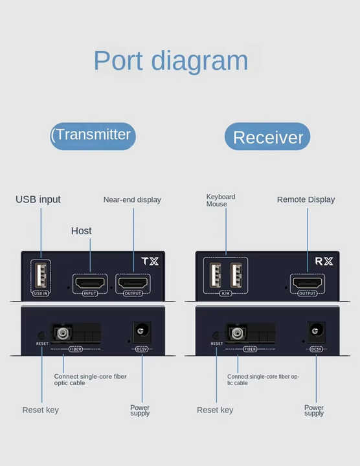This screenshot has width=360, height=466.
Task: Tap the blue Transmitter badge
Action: pyautogui.click(x=93, y=136)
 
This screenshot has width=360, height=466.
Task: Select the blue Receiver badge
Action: pyautogui.click(x=267, y=137)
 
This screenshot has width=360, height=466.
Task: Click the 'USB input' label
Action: pyautogui.click(x=38, y=199)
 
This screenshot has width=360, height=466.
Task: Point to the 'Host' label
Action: pyautogui.click(x=81, y=230)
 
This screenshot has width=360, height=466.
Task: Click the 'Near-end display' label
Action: pyautogui.click(x=132, y=200)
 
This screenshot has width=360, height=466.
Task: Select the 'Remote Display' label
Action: pyautogui.click(x=306, y=199)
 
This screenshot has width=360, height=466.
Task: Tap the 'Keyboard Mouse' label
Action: pyautogui.click(x=221, y=200)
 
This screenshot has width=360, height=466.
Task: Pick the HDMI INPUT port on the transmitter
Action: pyautogui.click(x=90, y=282)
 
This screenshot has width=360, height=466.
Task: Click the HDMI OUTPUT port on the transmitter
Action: pyautogui.click(x=133, y=282)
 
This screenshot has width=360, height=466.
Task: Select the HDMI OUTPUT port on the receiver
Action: pyautogui.click(x=308, y=282)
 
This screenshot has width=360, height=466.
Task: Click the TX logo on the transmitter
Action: pyautogui.click(x=150, y=261)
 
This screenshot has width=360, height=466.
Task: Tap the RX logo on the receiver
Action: pyautogui.click(x=324, y=261)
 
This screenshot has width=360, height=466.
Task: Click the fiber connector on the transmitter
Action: pyautogui.click(x=62, y=333)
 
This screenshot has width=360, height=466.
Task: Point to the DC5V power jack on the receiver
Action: pyautogui.click(x=316, y=331)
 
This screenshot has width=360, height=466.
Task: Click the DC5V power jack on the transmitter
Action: pyautogui.click(x=142, y=331)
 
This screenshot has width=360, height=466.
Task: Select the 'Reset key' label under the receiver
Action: pyautogui.click(x=215, y=410)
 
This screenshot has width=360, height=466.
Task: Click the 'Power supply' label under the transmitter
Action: pyautogui.click(x=140, y=410)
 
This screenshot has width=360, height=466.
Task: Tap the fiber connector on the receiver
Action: pyautogui.click(x=236, y=333)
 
